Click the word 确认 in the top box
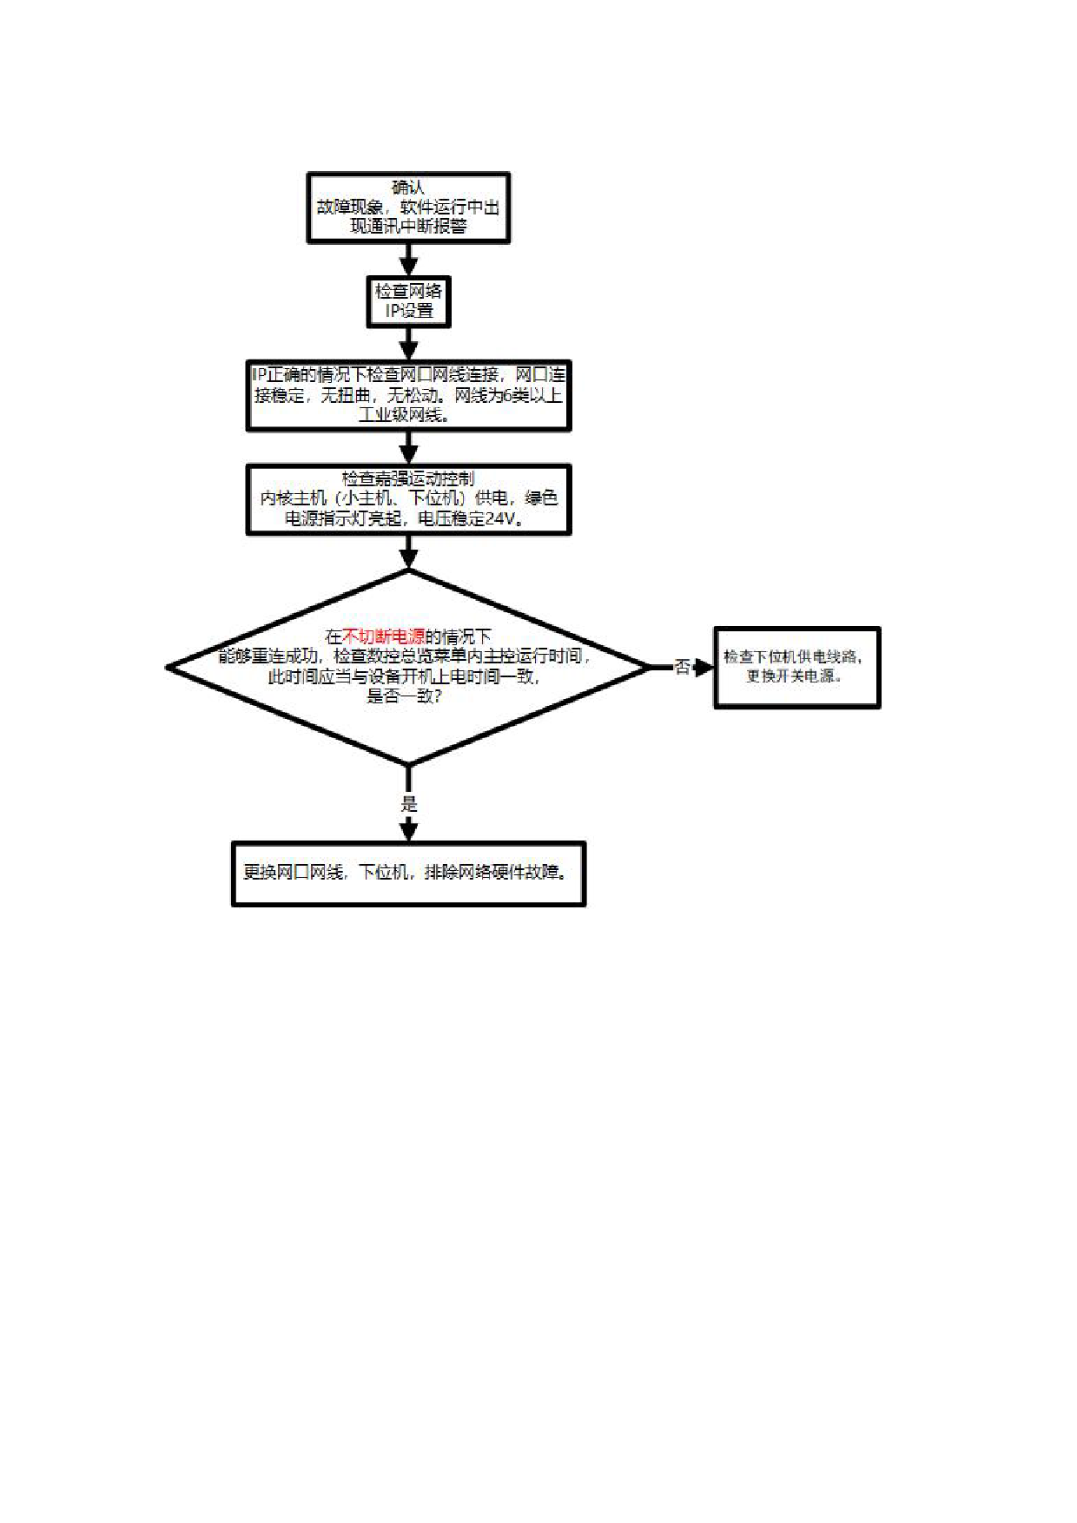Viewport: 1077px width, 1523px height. (x=408, y=188)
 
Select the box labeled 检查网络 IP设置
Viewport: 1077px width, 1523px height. (x=408, y=301)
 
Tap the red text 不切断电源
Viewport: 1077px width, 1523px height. (x=384, y=636)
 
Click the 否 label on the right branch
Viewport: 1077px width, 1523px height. (x=683, y=667)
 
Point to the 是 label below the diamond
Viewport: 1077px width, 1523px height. (x=409, y=804)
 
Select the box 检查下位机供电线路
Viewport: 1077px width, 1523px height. (x=796, y=667)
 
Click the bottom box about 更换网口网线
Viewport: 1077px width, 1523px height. (x=408, y=873)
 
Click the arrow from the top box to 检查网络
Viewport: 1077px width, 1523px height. (x=408, y=260)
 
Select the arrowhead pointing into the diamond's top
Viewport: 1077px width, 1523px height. (x=408, y=558)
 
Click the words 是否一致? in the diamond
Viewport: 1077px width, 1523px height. (x=405, y=696)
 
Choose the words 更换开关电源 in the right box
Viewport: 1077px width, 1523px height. (x=791, y=676)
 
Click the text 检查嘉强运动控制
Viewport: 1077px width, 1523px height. (x=408, y=478)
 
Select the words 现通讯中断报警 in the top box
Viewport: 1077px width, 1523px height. (x=408, y=227)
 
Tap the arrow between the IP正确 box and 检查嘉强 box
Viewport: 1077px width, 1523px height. (x=408, y=448)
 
